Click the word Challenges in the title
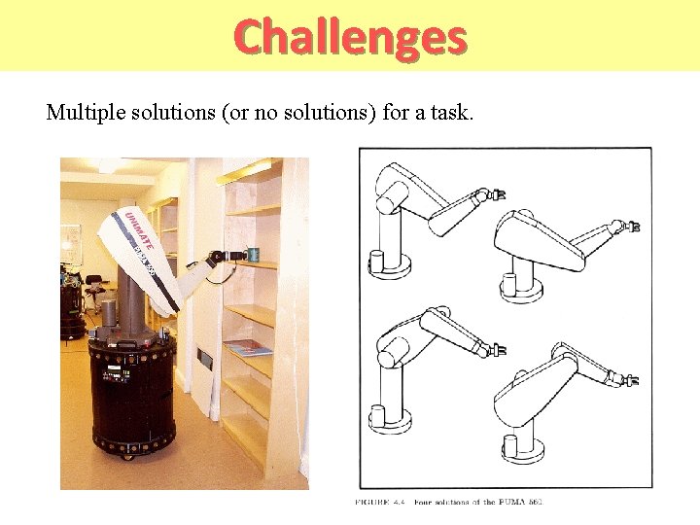[350, 37]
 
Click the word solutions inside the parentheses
[326, 113]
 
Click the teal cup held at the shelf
[253, 255]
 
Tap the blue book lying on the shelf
[249, 347]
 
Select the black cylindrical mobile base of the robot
[131, 389]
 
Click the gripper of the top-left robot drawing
[497, 194]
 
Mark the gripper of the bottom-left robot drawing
[497, 348]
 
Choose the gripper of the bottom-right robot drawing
[633, 381]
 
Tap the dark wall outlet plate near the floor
[205, 359]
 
